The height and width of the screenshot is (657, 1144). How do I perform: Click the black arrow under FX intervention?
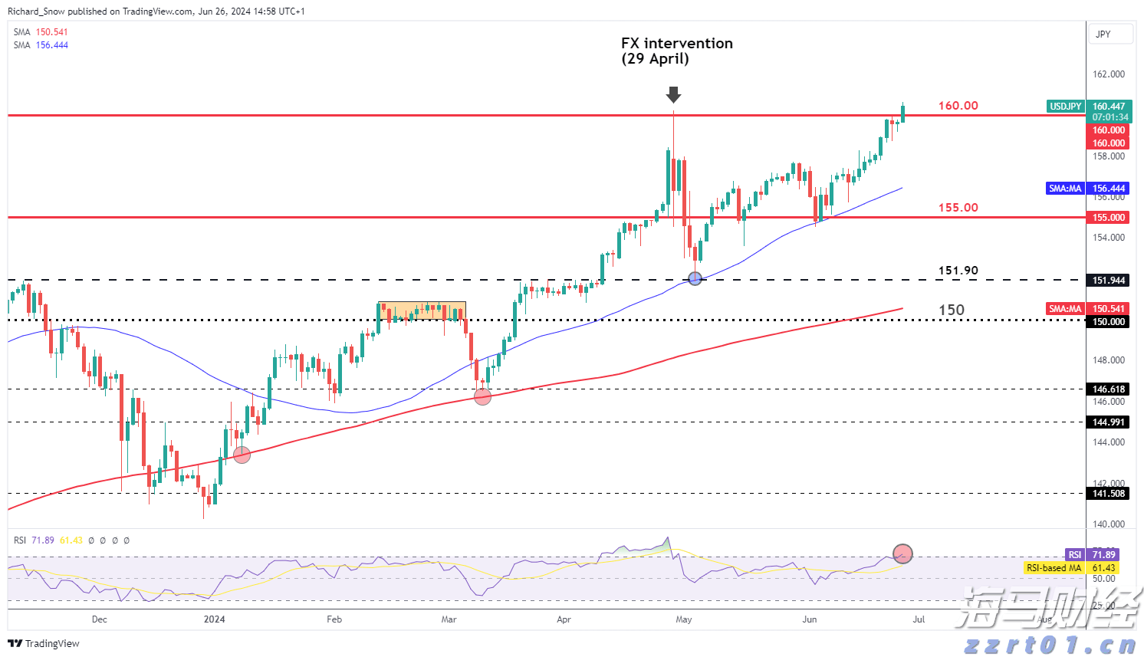[673, 94]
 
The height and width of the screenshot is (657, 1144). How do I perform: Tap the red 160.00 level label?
[958, 106]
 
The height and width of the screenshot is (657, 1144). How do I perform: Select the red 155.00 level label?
[958, 208]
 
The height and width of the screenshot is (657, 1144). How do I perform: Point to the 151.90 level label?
[958, 271]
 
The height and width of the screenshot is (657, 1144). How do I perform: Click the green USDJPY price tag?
[1066, 107]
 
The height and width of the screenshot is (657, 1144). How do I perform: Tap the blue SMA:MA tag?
[1065, 189]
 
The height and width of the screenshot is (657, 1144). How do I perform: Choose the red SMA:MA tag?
[1065, 309]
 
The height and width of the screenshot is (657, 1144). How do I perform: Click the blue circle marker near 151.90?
[695, 278]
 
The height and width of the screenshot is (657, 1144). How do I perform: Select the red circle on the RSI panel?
[903, 553]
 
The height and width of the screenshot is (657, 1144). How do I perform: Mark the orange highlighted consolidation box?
[422, 310]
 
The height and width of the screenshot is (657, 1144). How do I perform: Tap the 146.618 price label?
[1109, 389]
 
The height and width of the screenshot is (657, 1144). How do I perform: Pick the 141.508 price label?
[1109, 494]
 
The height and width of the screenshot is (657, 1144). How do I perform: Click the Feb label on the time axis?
[334, 619]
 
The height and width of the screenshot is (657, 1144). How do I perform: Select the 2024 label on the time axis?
[214, 619]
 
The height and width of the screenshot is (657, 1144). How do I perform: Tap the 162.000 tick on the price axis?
[1109, 74]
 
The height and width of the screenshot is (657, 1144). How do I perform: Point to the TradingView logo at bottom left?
[44, 643]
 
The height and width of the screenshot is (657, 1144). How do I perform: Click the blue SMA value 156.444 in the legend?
[52, 45]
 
